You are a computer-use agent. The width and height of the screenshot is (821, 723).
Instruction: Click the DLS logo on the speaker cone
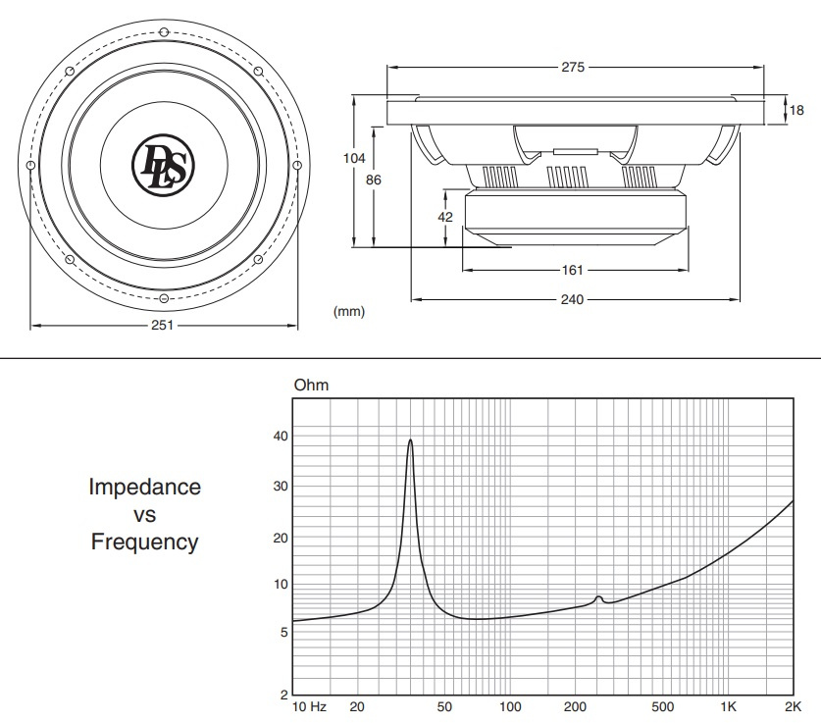[164, 165]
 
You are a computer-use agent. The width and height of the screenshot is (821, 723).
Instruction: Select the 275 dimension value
[573, 67]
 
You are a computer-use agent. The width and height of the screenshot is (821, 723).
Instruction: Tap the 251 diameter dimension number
[162, 325]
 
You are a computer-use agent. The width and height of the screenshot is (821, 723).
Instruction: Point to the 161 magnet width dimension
[572, 270]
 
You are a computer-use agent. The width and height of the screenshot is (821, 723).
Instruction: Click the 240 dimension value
[572, 299]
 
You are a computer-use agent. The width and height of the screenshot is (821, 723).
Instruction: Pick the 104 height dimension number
[354, 158]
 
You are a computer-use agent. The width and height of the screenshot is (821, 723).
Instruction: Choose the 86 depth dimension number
[374, 180]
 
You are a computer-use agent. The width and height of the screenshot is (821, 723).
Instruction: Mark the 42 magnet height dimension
[445, 217]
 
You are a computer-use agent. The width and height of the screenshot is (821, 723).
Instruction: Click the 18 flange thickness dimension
[796, 110]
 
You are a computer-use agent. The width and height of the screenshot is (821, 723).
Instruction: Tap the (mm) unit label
[349, 312]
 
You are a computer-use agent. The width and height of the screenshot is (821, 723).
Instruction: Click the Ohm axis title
[312, 385]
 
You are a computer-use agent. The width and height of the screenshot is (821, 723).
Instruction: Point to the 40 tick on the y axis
[281, 436]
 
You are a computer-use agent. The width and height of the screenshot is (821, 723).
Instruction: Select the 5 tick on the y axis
[284, 633]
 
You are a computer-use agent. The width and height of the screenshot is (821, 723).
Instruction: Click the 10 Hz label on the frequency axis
[309, 706]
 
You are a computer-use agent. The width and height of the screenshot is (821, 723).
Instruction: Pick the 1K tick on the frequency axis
[729, 706]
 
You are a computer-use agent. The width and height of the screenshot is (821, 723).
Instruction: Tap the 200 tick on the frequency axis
[575, 706]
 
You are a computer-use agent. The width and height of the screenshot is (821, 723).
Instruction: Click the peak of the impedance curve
[410, 439]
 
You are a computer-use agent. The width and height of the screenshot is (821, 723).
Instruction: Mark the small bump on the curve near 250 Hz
[599, 597]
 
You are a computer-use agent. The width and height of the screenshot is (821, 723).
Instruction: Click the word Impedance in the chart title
[145, 488]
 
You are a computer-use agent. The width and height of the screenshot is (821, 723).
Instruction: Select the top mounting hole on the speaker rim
[164, 32]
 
